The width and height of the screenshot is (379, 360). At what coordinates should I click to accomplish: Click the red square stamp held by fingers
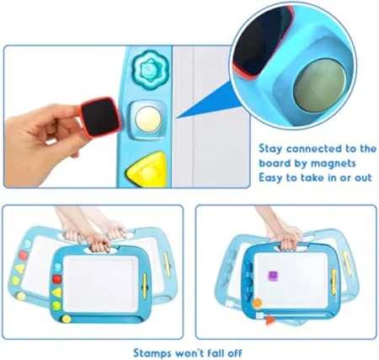pyautogui.click(x=101, y=118)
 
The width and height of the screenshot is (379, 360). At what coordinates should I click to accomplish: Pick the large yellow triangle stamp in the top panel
pyautogui.click(x=147, y=169)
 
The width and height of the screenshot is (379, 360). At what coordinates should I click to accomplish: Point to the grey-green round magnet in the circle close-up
pyautogui.click(x=320, y=86)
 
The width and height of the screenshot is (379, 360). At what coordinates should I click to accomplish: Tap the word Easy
pyautogui.click(x=271, y=178)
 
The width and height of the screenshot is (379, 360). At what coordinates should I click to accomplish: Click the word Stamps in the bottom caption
pyautogui.click(x=152, y=353)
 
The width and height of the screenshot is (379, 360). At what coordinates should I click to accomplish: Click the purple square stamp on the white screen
pyautogui.click(x=273, y=275)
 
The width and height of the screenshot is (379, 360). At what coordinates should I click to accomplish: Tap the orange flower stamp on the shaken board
pyautogui.click(x=257, y=303)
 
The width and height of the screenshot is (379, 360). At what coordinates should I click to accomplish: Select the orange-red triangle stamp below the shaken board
pyautogui.click(x=270, y=320)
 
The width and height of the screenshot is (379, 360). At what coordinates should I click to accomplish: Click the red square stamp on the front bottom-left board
pyautogui.click(x=56, y=279)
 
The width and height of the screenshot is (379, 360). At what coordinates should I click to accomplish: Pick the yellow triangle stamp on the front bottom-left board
pyautogui.click(x=56, y=293)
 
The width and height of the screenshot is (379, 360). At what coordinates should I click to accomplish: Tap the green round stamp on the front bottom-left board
pyautogui.click(x=56, y=305)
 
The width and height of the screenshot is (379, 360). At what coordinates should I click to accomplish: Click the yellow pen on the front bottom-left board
pyautogui.click(x=145, y=286)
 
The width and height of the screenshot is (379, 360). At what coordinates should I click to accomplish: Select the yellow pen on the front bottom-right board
pyautogui.click(x=334, y=282)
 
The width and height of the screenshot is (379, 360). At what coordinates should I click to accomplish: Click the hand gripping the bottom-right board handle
pyautogui.click(x=288, y=239)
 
